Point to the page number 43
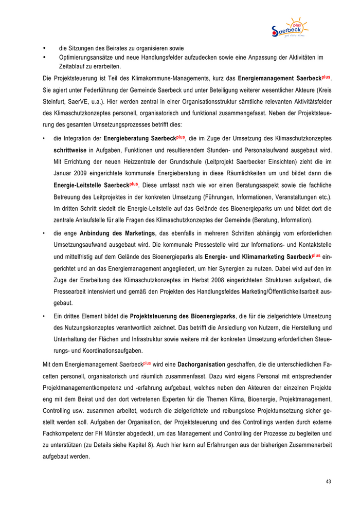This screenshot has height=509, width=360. click(328, 482)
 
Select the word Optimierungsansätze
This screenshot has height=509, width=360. click(85, 58)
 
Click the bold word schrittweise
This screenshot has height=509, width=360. click(70, 150)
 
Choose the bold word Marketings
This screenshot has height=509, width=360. click(134, 233)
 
